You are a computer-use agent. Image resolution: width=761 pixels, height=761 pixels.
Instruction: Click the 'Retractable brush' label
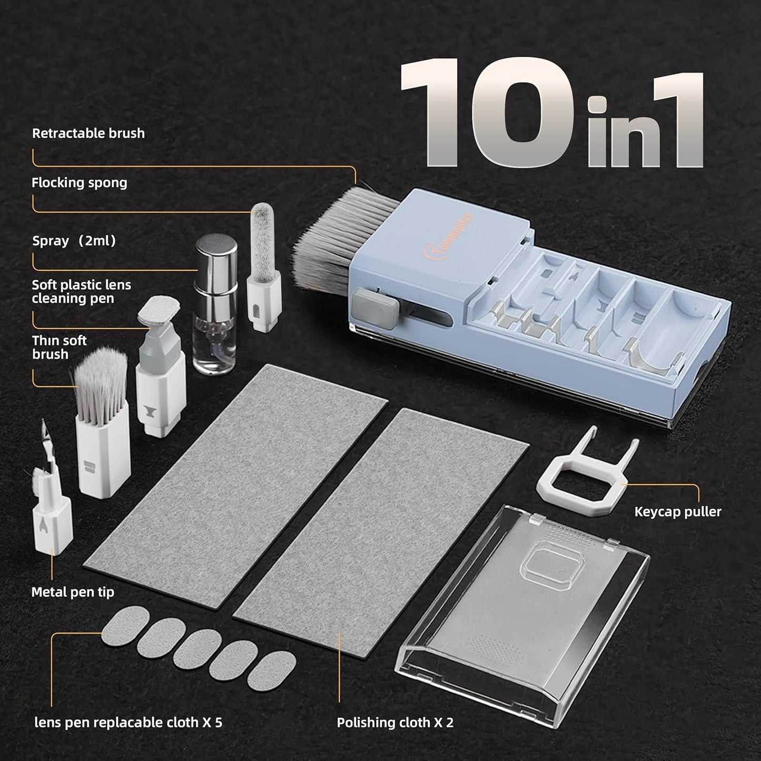click(88, 133)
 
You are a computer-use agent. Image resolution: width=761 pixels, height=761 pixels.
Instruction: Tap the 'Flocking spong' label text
click(79, 183)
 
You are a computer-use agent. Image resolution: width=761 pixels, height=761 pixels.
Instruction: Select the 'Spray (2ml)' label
click(74, 241)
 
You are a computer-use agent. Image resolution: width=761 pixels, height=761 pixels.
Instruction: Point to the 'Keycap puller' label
click(677, 511)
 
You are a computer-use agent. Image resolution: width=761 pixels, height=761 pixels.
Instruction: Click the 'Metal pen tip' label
click(73, 592)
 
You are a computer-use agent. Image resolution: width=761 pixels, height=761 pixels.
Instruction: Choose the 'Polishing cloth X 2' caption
click(395, 723)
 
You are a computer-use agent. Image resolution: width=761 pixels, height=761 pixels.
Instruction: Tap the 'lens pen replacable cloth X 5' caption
click(129, 723)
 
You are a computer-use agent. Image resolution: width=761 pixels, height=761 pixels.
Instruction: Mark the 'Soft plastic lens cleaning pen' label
click(81, 291)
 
